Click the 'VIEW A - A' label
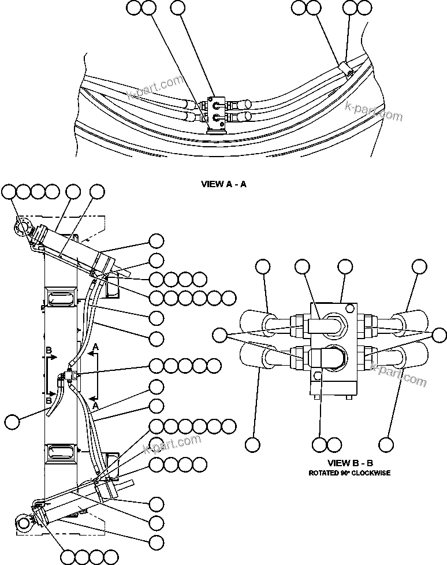click(x=223, y=185)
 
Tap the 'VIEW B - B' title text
click(x=350, y=463)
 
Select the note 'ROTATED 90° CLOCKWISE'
click(x=350, y=473)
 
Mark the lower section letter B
click(x=49, y=400)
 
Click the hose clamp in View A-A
click(x=345, y=69)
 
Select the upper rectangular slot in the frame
click(x=61, y=299)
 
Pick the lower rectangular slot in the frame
click(x=61, y=455)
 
